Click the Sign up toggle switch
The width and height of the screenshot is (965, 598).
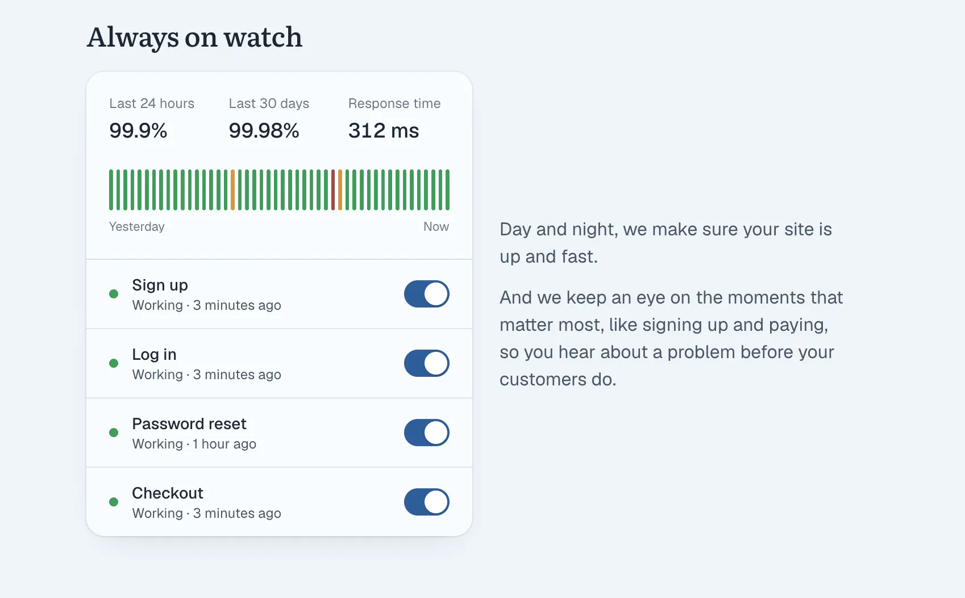426,294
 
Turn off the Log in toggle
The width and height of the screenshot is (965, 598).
426,363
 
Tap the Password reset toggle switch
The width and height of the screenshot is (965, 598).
426,433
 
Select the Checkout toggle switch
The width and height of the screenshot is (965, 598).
426,502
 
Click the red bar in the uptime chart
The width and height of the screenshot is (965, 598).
333,190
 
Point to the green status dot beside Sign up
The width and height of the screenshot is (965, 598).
114,294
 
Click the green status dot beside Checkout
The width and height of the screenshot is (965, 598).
114,502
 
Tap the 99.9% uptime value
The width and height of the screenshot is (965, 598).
138,131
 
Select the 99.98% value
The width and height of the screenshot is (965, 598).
264,131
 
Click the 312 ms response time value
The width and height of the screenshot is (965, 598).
384,131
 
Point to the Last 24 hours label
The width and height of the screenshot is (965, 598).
152,103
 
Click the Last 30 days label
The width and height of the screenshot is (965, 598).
269,103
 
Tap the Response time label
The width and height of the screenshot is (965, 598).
394,103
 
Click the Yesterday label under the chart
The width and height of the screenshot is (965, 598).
136,227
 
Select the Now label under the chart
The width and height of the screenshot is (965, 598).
436,227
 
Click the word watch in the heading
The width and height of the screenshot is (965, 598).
263,37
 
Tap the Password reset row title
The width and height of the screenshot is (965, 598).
189,424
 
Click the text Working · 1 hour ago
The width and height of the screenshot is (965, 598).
194,444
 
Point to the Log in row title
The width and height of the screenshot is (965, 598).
154,355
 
